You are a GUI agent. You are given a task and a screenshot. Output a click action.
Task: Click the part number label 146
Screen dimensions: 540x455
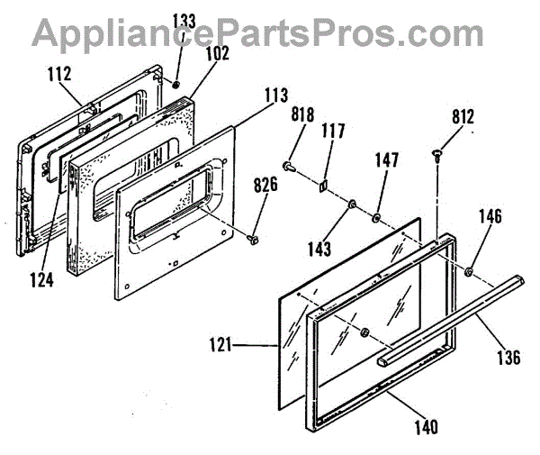click(490, 217)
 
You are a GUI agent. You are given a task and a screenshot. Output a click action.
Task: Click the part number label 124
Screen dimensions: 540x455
click(40, 279)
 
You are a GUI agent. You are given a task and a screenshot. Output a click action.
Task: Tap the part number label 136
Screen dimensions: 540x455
click(507, 357)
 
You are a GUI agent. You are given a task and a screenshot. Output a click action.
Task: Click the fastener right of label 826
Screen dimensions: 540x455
click(253, 239)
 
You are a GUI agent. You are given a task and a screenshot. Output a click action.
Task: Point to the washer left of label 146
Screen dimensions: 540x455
click(471, 271)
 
